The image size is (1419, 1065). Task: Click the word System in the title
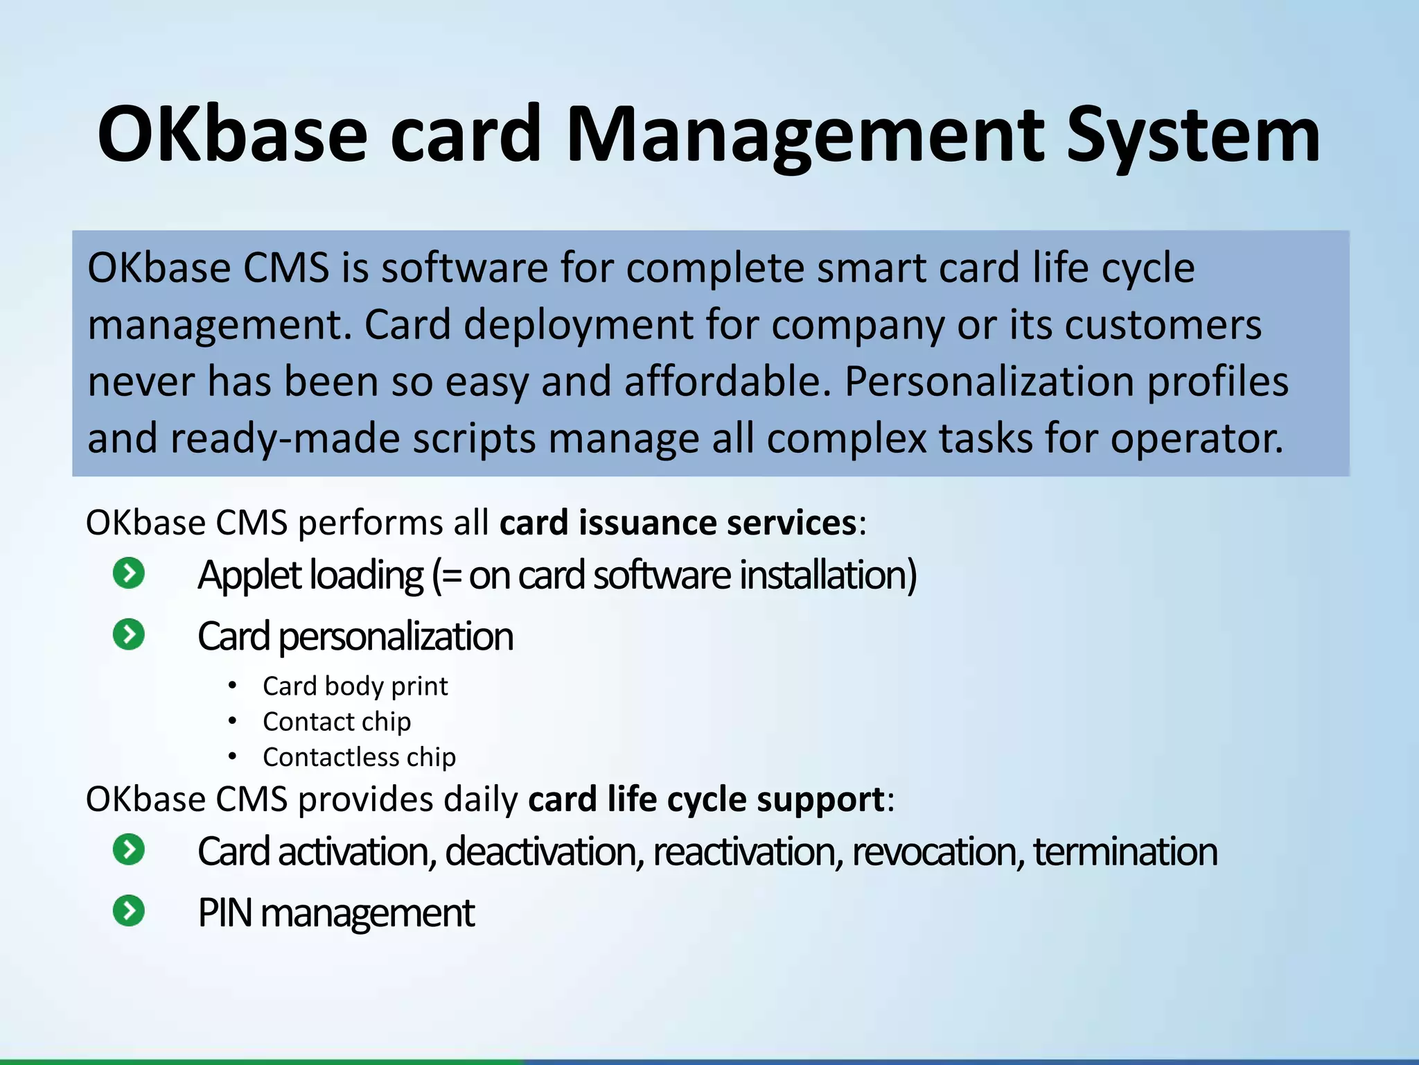pyautogui.click(x=1193, y=135)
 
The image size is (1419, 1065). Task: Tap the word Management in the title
pyautogui.click(x=805, y=135)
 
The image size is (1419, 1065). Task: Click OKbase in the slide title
pyautogui.click(x=232, y=135)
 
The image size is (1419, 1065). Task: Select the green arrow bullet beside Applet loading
pyautogui.click(x=129, y=573)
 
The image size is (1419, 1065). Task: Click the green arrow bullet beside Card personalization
pyautogui.click(x=129, y=634)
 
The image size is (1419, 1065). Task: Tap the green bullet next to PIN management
pyautogui.click(x=129, y=911)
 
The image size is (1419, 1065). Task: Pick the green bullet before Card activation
pyautogui.click(x=129, y=850)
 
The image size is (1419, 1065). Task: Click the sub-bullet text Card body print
pyautogui.click(x=355, y=686)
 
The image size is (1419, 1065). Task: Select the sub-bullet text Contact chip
pyautogui.click(x=337, y=722)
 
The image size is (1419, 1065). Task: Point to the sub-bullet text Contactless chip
pyautogui.click(x=359, y=757)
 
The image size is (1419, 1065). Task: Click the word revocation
pyautogui.click(x=937, y=851)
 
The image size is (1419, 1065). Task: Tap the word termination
pyautogui.click(x=1125, y=851)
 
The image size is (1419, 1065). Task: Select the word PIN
pyautogui.click(x=224, y=912)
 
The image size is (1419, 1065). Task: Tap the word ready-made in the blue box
pyautogui.click(x=285, y=439)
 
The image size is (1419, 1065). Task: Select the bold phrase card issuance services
pyautogui.click(x=678, y=522)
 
